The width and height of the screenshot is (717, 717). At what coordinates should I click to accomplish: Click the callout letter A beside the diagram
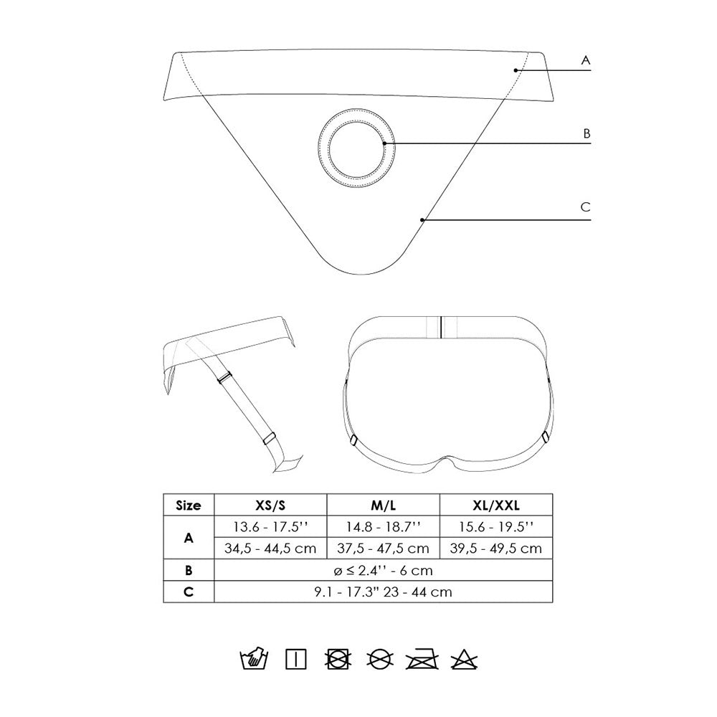pyautogui.click(x=585, y=60)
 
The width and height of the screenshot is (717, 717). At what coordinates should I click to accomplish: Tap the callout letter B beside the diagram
pyautogui.click(x=587, y=133)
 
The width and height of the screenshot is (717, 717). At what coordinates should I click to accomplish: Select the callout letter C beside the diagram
pyautogui.click(x=585, y=207)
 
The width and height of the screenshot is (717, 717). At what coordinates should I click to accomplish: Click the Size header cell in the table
pyautogui.click(x=189, y=505)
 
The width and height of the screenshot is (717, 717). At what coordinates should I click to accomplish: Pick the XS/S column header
pyautogui.click(x=270, y=505)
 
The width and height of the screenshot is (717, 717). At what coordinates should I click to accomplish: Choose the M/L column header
pyautogui.click(x=383, y=505)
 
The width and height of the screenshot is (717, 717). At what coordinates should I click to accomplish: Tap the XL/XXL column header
pyautogui.click(x=496, y=505)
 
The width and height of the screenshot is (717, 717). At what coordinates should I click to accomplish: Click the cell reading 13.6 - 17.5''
pyautogui.click(x=270, y=527)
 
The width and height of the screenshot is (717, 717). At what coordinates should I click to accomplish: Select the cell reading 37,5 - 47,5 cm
pyautogui.click(x=383, y=549)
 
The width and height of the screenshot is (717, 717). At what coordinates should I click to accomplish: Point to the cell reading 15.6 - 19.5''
pyautogui.click(x=496, y=527)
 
